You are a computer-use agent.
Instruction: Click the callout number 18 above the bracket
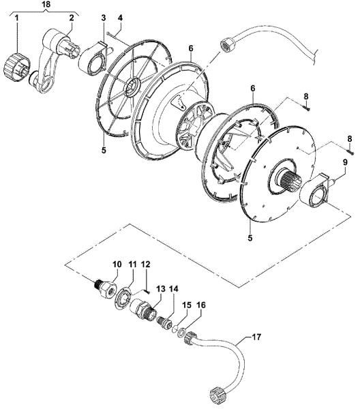tap(46, 5)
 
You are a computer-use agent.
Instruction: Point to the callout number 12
tap(145, 263)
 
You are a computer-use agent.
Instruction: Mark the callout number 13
tap(161, 289)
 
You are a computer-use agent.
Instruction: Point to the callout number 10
tap(117, 263)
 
